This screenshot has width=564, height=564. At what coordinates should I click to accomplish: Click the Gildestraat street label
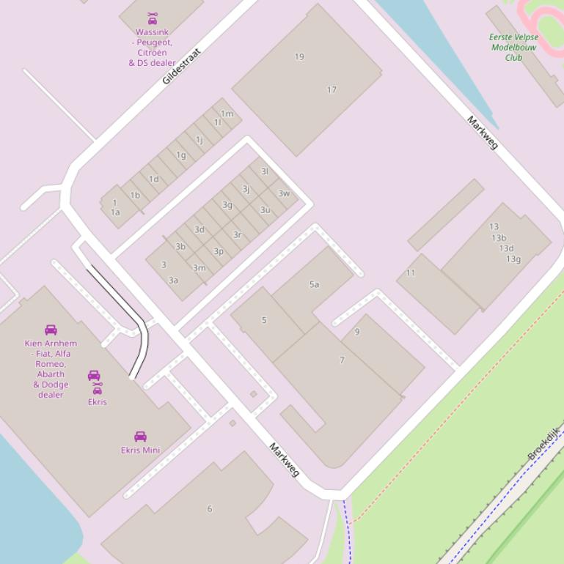tap(181, 66)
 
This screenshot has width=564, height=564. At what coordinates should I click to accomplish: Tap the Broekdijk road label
tap(543, 444)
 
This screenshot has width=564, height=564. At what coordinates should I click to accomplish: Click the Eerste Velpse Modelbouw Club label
tap(513, 47)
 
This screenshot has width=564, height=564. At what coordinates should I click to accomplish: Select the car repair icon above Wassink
tap(153, 19)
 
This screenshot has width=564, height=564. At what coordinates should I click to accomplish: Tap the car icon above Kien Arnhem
tap(51, 330)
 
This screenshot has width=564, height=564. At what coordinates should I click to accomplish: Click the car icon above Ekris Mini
tap(140, 437)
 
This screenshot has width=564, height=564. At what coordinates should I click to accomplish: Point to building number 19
tap(299, 56)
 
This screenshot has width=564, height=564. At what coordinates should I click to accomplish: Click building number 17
tap(332, 90)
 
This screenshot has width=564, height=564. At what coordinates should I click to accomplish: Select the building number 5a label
tap(314, 284)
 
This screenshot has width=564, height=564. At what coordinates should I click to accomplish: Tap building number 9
tap(357, 332)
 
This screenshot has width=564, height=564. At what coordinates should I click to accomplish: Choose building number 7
tap(342, 360)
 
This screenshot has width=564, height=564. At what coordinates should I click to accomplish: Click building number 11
tap(411, 272)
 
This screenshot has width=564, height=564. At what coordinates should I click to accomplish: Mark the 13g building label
tap(513, 259)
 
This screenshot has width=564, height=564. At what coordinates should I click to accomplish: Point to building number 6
tap(210, 508)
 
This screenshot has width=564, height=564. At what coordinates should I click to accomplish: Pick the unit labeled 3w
tap(284, 193)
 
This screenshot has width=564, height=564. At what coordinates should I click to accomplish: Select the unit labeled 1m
tap(227, 114)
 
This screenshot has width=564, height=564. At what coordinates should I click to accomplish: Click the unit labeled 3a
tap(173, 280)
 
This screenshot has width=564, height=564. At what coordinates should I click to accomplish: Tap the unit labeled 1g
tap(181, 155)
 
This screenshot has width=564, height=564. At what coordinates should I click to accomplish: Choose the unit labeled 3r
tap(237, 235)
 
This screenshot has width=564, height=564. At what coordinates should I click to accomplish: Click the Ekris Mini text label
tap(140, 450)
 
